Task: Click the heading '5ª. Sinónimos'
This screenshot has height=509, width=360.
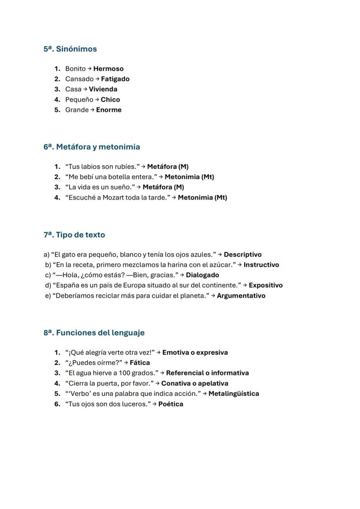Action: click(70, 49)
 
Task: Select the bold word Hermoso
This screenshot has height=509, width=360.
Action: click(108, 69)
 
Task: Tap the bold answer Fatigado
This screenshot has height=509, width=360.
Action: click(115, 79)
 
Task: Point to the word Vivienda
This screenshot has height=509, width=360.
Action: click(103, 89)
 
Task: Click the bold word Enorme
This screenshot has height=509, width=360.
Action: click(109, 110)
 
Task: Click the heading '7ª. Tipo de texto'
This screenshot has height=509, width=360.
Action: click(74, 235)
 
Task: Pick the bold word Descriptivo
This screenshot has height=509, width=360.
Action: click(243, 255)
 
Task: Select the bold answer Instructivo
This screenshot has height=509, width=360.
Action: click(261, 265)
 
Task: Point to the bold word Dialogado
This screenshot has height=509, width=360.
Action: click(203, 275)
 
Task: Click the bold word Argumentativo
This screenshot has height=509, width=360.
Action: click(241, 296)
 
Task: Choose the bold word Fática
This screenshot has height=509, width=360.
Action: click(140, 363)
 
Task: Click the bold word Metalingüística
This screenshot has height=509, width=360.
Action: click(233, 394)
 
